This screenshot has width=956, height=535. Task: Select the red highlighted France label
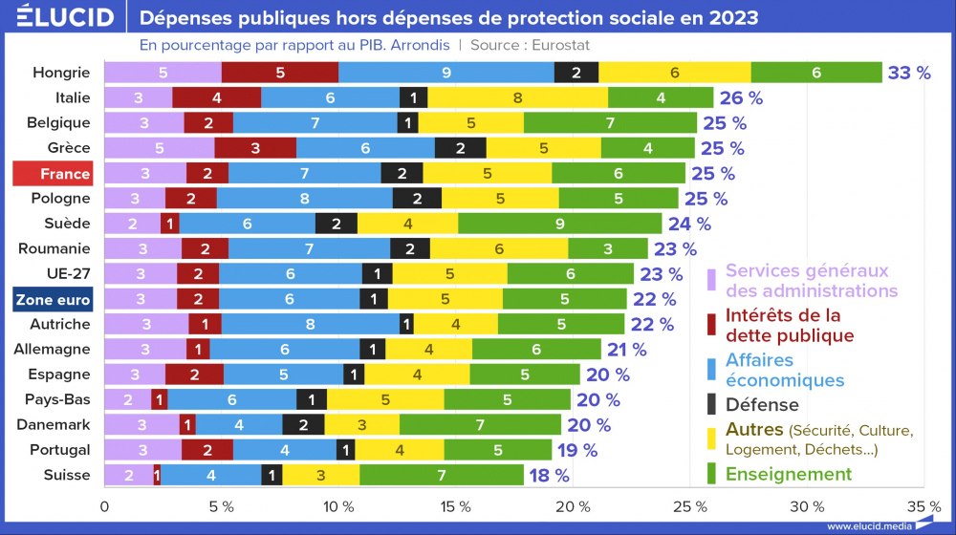tap(52, 173)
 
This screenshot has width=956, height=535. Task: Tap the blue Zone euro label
tap(52, 300)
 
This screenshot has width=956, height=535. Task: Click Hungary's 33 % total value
tap(909, 73)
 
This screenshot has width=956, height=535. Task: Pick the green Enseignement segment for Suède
tap(559, 224)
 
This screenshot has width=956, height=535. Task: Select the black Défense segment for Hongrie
tap(576, 73)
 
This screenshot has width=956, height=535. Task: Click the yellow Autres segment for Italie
tap(517, 97)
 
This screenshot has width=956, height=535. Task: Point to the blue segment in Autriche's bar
tap(311, 325)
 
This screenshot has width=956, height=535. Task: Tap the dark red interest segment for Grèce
tap(255, 148)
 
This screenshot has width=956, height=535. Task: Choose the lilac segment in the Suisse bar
tap(128, 475)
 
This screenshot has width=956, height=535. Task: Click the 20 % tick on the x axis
tap(573, 506)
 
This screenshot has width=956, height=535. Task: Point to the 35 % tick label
tap(923, 506)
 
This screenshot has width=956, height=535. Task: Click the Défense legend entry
tap(762, 404)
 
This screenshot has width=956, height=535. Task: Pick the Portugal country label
tap(61, 450)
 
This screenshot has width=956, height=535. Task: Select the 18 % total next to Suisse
tap(549, 475)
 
